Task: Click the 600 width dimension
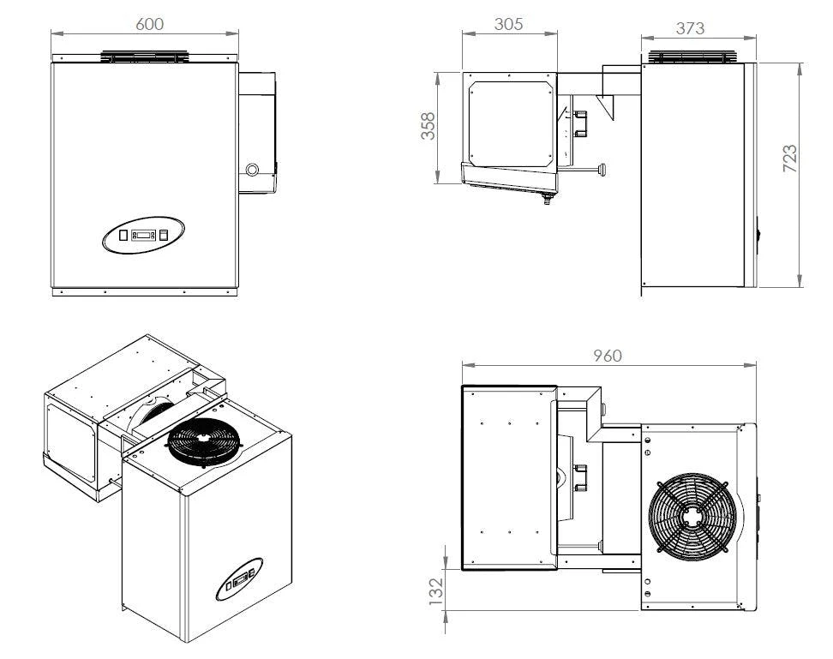[x=150, y=24]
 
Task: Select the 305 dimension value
[x=508, y=24]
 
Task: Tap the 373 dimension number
[x=690, y=27]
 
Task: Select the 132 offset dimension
[x=434, y=589]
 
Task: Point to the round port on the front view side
[x=252, y=170]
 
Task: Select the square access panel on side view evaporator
[x=510, y=120]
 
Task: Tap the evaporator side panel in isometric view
[x=69, y=437]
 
